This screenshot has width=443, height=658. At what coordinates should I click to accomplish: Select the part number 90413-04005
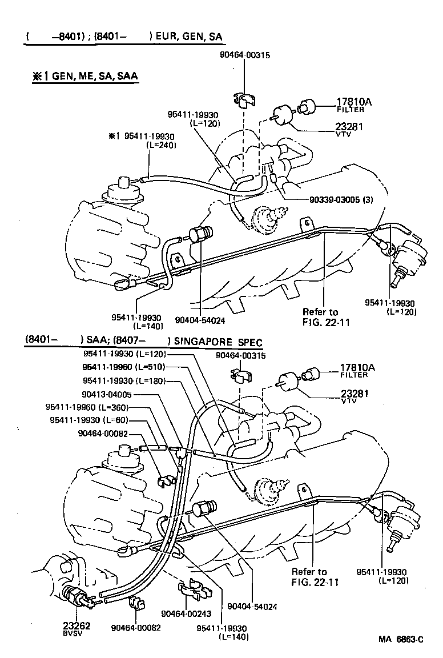[107, 394]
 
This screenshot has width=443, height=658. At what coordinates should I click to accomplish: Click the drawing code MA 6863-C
[400, 640]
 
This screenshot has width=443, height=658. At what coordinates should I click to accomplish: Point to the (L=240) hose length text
[162, 145]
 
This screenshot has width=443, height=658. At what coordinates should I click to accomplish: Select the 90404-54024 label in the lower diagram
[252, 607]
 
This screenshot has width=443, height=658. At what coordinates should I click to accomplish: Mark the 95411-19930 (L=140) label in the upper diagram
[137, 322]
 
